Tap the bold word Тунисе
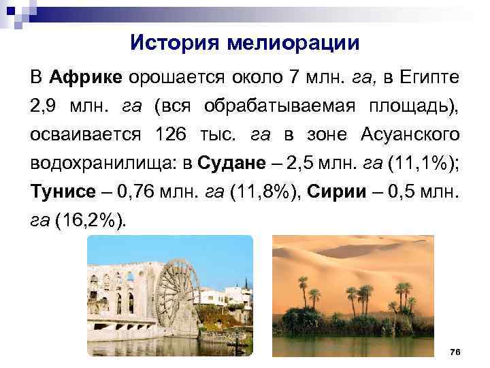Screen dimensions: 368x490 (x=57, y=193)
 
